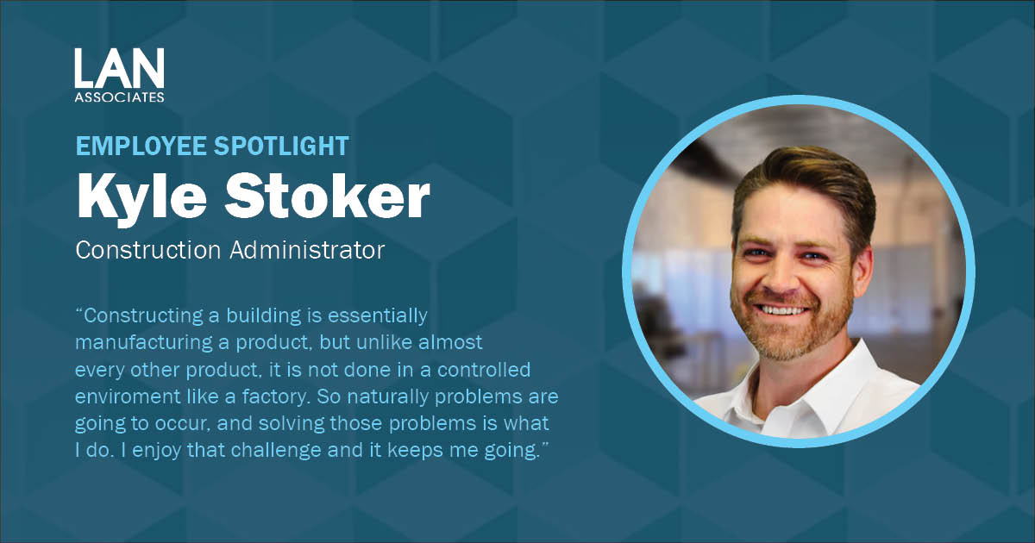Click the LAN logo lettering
click(x=119, y=68)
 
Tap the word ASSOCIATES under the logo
click(x=119, y=97)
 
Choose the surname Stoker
click(x=331, y=197)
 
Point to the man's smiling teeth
click(x=783, y=309)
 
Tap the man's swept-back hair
click(x=802, y=177)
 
